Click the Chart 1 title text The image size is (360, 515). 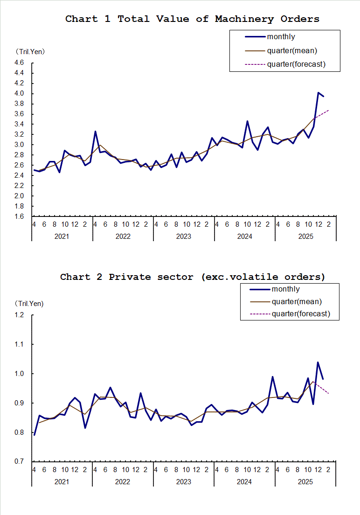(x=192, y=19)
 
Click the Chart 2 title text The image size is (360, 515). (x=192, y=277)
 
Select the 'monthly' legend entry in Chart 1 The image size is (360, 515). (x=281, y=37)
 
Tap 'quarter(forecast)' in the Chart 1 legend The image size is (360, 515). (x=296, y=64)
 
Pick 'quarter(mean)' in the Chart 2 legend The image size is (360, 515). (x=297, y=302)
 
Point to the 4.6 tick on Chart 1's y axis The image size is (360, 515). (x=19, y=63)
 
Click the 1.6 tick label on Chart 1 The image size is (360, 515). (x=19, y=216)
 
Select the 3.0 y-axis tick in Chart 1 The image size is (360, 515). (x=19, y=145)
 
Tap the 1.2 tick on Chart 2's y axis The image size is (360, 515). (x=19, y=315)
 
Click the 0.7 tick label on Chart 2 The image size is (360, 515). (x=19, y=462)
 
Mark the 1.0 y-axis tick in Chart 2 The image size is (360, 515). (x=19, y=374)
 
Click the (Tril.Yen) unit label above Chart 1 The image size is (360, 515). (x=30, y=51)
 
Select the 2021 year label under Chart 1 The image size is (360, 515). (x=62, y=237)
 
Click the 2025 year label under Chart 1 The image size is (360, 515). (x=305, y=237)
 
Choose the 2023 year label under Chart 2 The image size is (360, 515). (x=183, y=481)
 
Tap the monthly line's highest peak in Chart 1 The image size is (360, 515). (x=318, y=92)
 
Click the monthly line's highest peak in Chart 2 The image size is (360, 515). (x=318, y=362)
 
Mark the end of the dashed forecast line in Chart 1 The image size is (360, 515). (x=329, y=110)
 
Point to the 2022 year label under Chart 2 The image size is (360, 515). (x=123, y=481)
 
